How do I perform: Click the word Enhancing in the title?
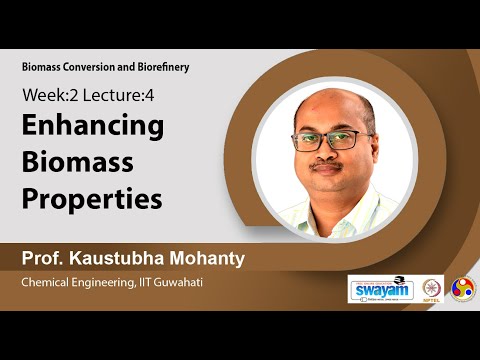(93, 128)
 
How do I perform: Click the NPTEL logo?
(432, 288)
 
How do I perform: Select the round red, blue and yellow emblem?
(463, 288)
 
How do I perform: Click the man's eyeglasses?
(333, 140)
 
